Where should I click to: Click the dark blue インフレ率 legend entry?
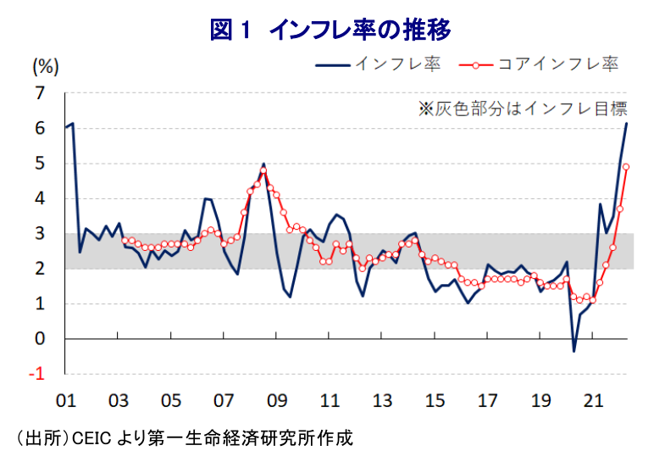[380, 64]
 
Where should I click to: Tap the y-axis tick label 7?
[40, 93]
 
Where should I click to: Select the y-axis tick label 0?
[40, 339]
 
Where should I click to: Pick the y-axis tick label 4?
[40, 198]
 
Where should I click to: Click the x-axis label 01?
[66, 400]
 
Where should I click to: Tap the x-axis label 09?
[276, 400]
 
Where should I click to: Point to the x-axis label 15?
[435, 400]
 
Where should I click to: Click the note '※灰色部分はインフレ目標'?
[522, 109]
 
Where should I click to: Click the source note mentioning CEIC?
[183, 438]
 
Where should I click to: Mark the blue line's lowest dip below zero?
[574, 351]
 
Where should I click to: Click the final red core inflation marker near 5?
[626, 167]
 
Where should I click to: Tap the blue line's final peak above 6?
[627, 124]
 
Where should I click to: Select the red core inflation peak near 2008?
[263, 170]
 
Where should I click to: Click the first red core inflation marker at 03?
[125, 240]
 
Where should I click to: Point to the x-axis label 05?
[171, 400]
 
